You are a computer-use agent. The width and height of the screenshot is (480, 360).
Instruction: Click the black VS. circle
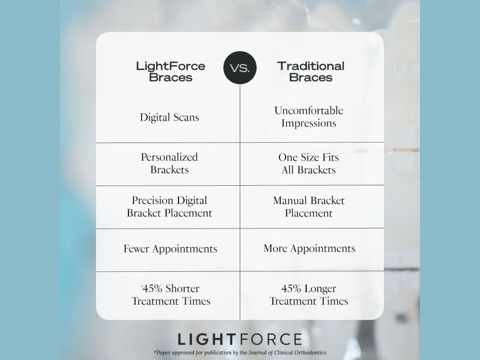point(240,68)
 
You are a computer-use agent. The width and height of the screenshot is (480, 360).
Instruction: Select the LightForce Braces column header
point(170,72)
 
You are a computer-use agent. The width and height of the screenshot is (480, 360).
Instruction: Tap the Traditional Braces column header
point(311,72)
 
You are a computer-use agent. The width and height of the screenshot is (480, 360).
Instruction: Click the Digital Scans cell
point(169,117)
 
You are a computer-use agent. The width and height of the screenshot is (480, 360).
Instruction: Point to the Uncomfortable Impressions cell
point(309,117)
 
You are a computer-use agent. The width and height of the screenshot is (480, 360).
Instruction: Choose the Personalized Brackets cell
point(169,163)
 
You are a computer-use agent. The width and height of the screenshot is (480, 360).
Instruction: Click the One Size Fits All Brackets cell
point(309,164)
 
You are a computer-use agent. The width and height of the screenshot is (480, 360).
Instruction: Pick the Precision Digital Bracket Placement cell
point(169,206)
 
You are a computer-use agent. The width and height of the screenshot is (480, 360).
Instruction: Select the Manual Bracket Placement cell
point(309,206)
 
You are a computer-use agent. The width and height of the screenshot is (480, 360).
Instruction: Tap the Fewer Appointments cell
point(170,249)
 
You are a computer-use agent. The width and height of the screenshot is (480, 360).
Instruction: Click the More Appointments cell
point(309,248)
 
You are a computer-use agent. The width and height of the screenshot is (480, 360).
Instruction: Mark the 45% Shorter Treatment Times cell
point(171,295)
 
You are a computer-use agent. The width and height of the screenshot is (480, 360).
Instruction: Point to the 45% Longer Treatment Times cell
point(309,295)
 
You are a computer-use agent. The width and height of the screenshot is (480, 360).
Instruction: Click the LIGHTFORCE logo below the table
point(240,339)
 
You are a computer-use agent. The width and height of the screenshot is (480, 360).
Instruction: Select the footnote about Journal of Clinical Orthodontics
point(240,353)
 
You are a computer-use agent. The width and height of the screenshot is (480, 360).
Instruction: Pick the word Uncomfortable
point(309,110)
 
